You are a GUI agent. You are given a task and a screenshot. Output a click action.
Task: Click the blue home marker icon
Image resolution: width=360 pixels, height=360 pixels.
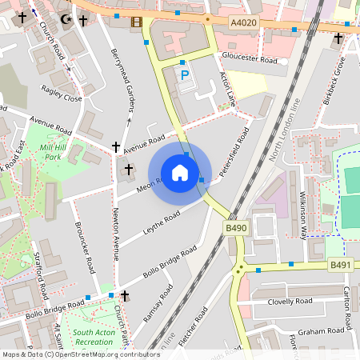pyautogui.click(x=179, y=172)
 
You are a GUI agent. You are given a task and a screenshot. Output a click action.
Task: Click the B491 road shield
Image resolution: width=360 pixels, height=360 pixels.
pyautogui.click(x=341, y=265)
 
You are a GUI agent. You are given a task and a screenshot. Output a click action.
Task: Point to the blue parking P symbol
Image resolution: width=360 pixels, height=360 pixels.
pyautogui.click(x=185, y=75)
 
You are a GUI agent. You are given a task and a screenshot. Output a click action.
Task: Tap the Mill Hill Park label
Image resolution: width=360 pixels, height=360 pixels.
pyautogui.click(x=54, y=152)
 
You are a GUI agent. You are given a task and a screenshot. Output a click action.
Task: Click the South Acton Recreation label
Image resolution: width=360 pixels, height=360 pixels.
pyautogui.click(x=93, y=337)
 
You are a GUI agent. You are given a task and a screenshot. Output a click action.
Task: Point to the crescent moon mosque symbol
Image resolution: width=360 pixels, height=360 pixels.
pyautogui.click(x=64, y=17)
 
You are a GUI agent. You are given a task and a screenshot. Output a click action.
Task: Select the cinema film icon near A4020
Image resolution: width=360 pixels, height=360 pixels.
pyautogui.click(x=136, y=22)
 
